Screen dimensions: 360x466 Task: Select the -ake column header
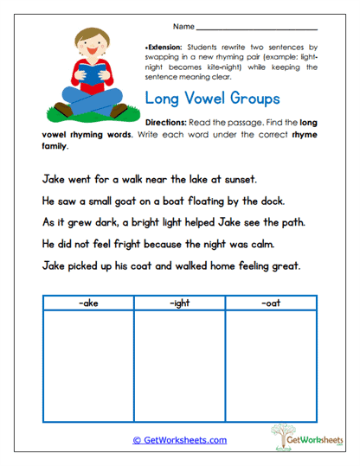(x=87, y=303)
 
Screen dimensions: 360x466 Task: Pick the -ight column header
(x=179, y=303)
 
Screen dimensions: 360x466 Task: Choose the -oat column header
(x=271, y=303)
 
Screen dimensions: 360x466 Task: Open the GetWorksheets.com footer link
(x=180, y=440)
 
